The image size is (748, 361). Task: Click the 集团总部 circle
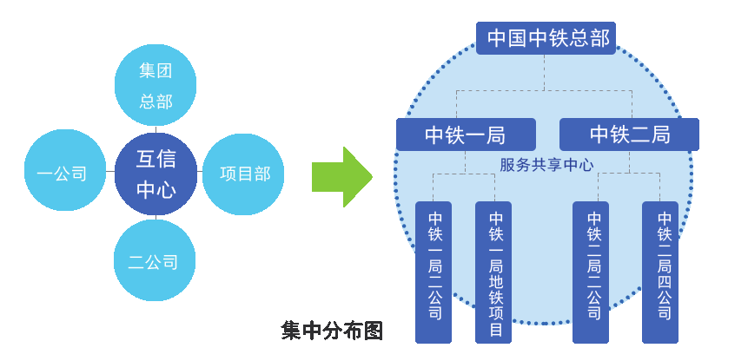(x=156, y=85)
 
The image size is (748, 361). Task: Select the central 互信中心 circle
(x=156, y=174)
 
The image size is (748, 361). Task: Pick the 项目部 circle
(x=245, y=174)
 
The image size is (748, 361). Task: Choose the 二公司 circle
(x=156, y=260)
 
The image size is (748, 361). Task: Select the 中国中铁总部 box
(x=546, y=38)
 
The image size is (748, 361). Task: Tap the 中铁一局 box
(x=466, y=135)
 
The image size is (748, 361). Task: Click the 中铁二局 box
(x=629, y=135)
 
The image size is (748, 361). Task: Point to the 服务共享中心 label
(x=546, y=164)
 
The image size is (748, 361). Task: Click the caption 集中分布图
(x=332, y=331)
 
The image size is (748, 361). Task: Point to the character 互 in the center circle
(x=144, y=159)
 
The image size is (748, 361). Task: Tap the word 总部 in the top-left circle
(x=156, y=102)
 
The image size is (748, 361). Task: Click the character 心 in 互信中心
(x=167, y=189)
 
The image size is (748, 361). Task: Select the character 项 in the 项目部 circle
(x=228, y=174)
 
